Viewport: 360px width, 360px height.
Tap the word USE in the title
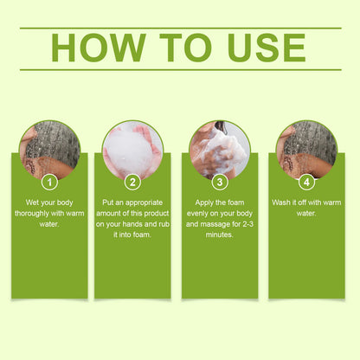point(267,48)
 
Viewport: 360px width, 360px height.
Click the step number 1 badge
point(49,183)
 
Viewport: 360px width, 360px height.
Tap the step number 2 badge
point(132,183)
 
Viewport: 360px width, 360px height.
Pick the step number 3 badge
point(220,183)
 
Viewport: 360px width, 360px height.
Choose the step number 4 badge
point(306,183)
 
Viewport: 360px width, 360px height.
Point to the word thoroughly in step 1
point(31,214)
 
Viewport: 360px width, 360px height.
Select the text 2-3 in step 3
point(248,224)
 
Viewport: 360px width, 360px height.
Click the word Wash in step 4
point(281,202)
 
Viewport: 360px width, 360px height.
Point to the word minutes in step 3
point(219,235)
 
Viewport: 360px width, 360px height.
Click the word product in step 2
point(157,214)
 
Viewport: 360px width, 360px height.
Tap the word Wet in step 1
point(32,202)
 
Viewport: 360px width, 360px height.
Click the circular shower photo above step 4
point(306,150)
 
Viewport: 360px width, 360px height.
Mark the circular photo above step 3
point(220,150)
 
